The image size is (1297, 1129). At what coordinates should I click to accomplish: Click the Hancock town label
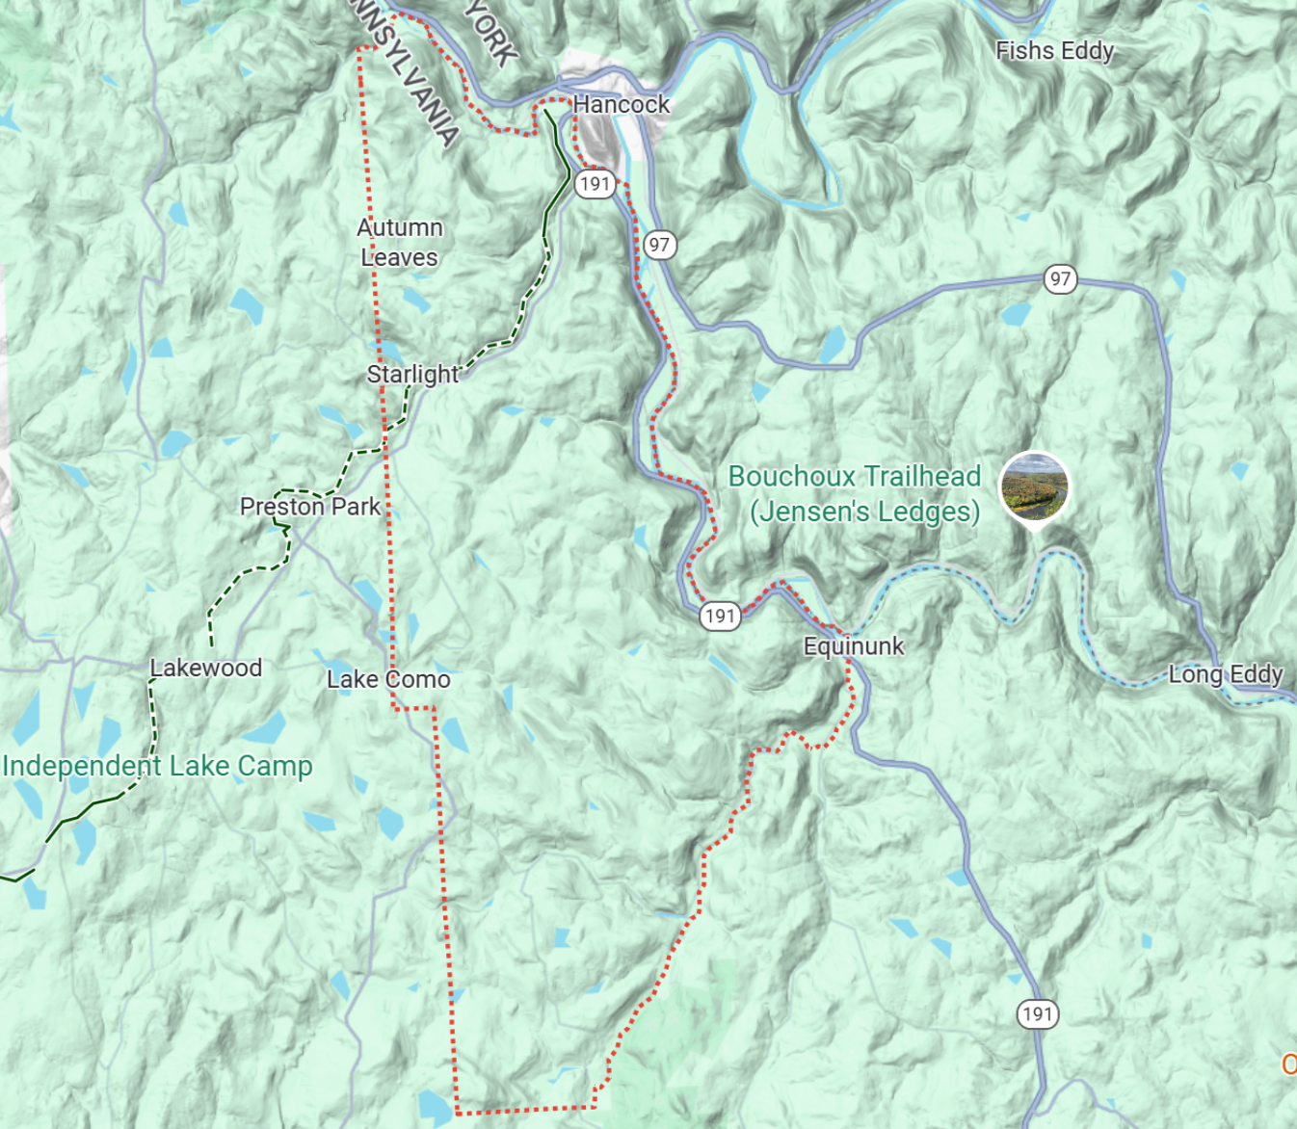click(x=621, y=104)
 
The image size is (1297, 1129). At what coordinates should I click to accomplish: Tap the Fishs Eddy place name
click(x=1054, y=50)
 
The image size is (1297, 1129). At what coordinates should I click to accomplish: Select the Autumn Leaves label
click(x=399, y=243)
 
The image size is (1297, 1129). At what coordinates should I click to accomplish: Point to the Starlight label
click(x=412, y=374)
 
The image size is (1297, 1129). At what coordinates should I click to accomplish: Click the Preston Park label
click(x=309, y=506)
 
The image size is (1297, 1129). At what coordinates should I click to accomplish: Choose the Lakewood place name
click(x=205, y=668)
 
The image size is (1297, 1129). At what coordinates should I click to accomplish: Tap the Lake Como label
click(x=388, y=679)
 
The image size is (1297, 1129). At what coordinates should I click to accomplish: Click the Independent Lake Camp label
click(x=157, y=766)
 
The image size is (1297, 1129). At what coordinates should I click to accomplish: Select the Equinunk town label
click(x=853, y=645)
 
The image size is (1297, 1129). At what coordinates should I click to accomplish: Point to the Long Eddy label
click(x=1225, y=673)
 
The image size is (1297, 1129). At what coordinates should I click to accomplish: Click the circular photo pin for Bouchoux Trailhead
click(x=1034, y=487)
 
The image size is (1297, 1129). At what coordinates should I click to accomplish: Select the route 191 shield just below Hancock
click(x=595, y=184)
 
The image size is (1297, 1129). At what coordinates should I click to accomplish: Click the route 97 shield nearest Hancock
click(x=659, y=245)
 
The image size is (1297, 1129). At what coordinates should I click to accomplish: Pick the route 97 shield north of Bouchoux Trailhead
click(x=1060, y=279)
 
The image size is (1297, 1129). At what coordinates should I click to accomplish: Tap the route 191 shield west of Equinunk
click(x=720, y=617)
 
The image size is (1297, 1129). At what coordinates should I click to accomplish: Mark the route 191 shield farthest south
click(x=1037, y=1013)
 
